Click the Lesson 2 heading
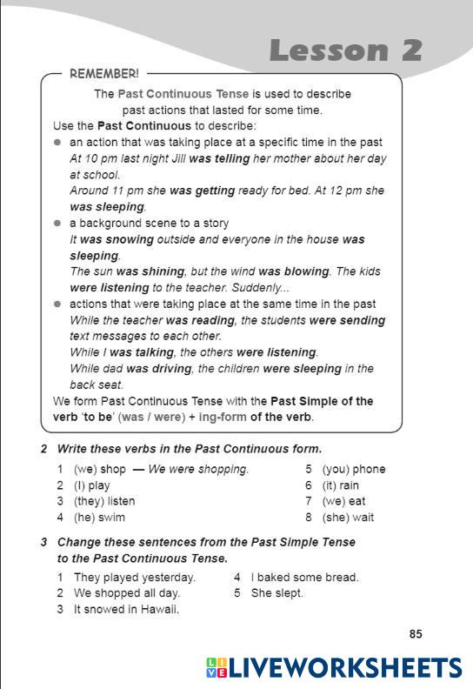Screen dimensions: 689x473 point(344,50)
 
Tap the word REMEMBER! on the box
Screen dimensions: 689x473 point(103,75)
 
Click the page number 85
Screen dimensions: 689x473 point(416,634)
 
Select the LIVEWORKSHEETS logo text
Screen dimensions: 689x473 point(344,667)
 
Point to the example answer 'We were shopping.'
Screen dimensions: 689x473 point(198,470)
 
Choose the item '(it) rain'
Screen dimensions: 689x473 point(340,485)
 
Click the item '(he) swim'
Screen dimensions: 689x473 point(101,517)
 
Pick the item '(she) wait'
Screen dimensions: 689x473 point(347,517)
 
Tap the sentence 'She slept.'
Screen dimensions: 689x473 point(276,593)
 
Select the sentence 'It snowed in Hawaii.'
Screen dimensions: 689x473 point(126,609)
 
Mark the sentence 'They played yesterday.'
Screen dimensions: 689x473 point(135,577)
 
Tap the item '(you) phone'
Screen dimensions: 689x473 point(353,470)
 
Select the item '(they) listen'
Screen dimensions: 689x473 point(104,501)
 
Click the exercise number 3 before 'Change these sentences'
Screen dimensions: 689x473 point(43,542)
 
